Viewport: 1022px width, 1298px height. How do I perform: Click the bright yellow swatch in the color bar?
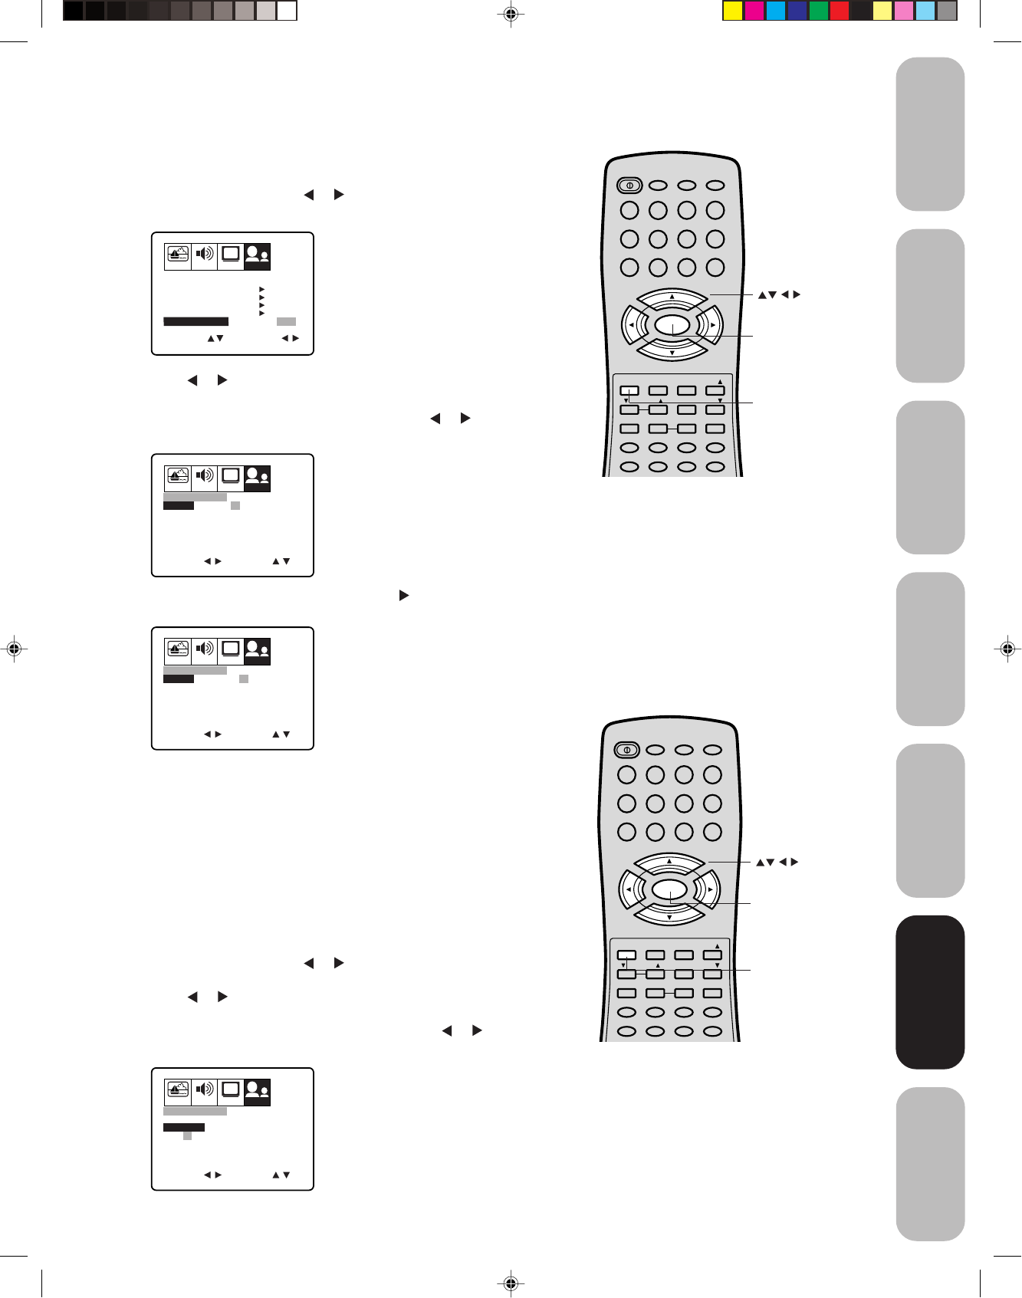tap(733, 11)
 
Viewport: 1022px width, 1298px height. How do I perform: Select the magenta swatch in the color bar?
tap(754, 11)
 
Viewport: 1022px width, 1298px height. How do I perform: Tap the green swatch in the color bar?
tap(819, 11)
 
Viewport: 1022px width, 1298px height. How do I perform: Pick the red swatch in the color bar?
tap(840, 11)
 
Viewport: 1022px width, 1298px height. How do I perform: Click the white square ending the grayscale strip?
tap(287, 11)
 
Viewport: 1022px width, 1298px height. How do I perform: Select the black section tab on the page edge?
tap(930, 991)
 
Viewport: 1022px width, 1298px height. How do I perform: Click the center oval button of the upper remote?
tap(672, 325)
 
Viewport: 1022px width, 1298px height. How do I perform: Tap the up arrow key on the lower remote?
tap(669, 862)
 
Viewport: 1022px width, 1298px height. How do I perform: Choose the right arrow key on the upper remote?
tap(712, 325)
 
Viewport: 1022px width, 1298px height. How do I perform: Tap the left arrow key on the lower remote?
tap(628, 890)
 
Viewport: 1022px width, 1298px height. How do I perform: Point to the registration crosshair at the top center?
tap(511, 14)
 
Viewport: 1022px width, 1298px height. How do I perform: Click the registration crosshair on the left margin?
tap(13, 649)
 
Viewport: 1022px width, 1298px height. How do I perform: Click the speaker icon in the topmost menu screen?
tap(204, 254)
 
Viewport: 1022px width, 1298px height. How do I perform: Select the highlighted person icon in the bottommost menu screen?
tap(257, 1091)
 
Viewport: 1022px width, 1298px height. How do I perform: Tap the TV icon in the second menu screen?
tap(230, 477)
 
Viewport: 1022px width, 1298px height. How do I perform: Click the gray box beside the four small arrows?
tap(286, 322)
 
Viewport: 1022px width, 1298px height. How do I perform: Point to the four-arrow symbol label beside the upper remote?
tap(779, 294)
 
